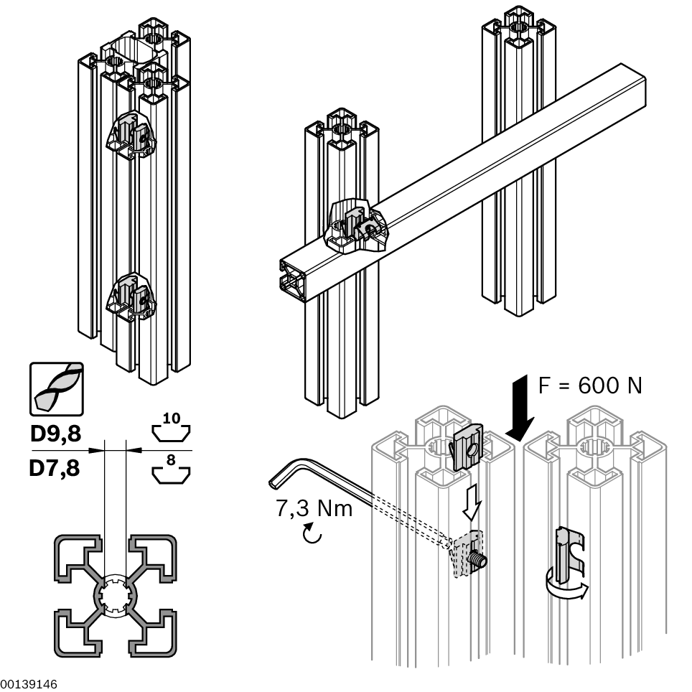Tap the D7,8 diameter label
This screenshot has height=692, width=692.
pos(55,469)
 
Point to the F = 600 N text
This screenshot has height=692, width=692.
pos(590,385)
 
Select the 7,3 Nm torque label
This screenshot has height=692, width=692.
pos(314,509)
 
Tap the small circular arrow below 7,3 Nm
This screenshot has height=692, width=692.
pos(311,534)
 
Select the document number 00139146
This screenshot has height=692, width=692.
pos(29,683)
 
